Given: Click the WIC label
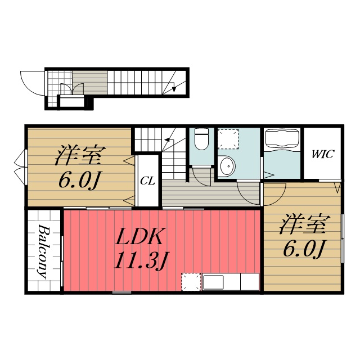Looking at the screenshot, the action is coord(322,154).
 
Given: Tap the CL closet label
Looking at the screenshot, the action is coord(147,181).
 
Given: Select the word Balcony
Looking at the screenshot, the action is coord(44,251).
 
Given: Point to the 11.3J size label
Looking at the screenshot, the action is coord(142,260).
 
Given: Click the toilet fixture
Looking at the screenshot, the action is coord(201,139).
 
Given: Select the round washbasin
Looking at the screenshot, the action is coord(227,166).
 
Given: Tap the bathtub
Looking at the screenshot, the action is coord(282,139).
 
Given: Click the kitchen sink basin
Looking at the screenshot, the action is coord(213,282).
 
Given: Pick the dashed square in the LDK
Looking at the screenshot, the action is coord(191,282).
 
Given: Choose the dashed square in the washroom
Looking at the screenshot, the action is coord(228,139).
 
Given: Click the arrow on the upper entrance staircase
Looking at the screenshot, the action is coord(174,86).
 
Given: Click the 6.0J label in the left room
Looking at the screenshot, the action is coord(79,180).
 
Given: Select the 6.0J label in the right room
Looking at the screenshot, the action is coord(303,249).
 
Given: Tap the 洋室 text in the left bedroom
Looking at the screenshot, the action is coord(80,155).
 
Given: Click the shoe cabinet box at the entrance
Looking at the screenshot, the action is coord(72,101).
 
